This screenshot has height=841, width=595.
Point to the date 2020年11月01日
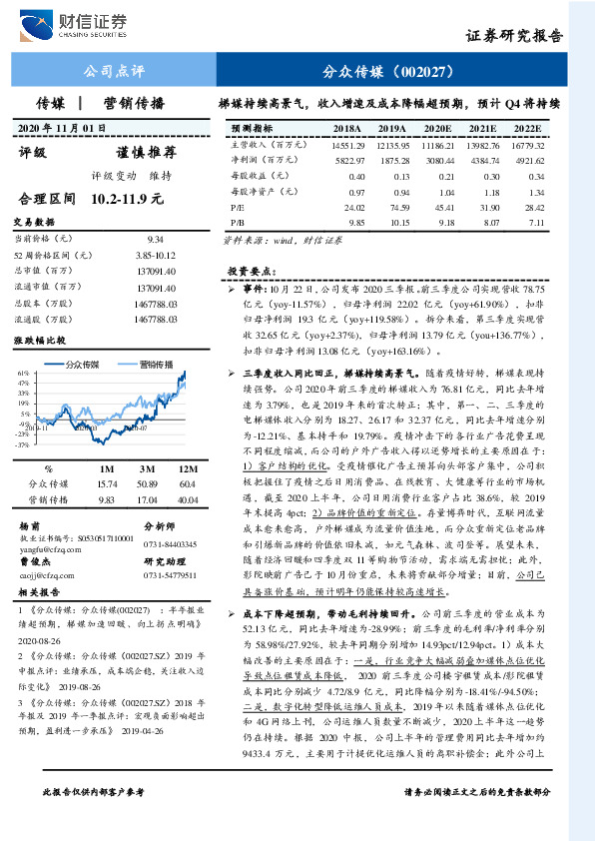point(62,129)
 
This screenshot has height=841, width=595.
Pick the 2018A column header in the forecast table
point(346,129)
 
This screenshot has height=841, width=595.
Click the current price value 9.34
point(155,240)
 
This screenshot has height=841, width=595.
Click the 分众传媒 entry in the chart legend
point(90,363)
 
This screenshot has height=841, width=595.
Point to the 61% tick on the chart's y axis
point(21,373)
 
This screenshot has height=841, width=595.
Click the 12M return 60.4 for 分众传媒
point(186,483)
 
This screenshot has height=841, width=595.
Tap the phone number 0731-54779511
point(171,575)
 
